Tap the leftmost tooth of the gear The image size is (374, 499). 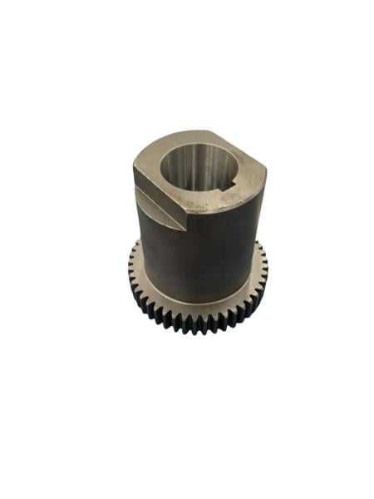(130, 268)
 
